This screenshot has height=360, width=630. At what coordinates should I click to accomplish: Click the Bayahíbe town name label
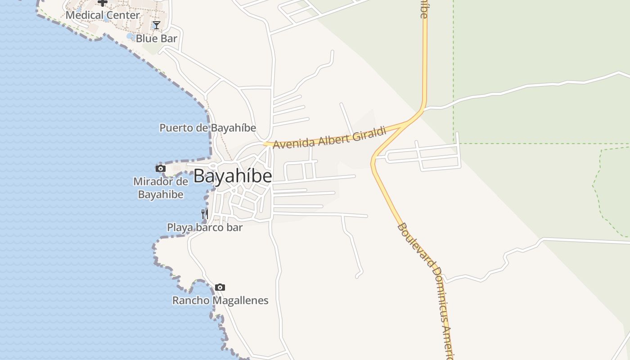(x=233, y=176)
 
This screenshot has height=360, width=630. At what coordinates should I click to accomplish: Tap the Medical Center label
(x=103, y=15)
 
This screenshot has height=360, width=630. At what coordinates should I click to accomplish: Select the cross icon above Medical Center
(x=103, y=3)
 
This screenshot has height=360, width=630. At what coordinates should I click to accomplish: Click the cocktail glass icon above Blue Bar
(x=156, y=25)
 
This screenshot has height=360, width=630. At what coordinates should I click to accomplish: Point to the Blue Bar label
(x=157, y=39)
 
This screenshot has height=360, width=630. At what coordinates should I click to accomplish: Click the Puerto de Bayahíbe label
(x=208, y=128)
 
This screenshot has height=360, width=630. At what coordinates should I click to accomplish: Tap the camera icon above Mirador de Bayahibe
(x=160, y=169)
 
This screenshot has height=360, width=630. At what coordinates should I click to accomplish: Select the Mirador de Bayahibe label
(x=160, y=188)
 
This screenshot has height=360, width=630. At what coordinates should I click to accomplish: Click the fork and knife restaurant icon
(x=205, y=213)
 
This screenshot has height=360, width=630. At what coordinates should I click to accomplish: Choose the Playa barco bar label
(x=205, y=227)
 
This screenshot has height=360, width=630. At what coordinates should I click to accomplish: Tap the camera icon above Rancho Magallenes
(x=220, y=287)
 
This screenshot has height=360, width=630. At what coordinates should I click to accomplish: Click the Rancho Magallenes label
(x=220, y=300)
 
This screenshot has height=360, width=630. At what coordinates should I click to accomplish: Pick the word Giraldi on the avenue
(x=370, y=134)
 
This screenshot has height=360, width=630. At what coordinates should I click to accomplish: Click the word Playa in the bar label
(x=180, y=227)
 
